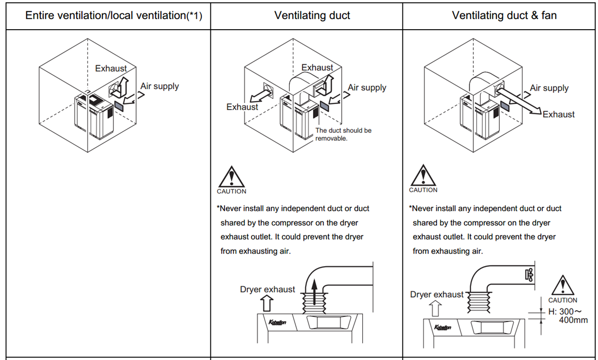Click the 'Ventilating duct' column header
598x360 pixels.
pos(312,15)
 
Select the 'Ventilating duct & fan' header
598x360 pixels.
pos(504,15)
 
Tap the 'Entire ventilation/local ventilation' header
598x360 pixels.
pos(114,15)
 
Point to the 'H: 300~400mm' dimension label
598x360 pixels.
pos(568,315)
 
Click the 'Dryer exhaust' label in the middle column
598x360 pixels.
pos(267,289)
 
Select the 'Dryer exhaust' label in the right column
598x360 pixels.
pos(437,294)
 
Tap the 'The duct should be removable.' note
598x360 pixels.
pos(343,134)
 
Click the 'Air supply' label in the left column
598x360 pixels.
pos(160,86)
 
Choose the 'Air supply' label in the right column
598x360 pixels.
pos(549,88)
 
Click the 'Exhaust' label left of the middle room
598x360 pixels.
pos(242,107)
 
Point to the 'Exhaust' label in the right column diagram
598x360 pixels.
pos(559,114)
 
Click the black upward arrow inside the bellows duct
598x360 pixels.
pos(314,292)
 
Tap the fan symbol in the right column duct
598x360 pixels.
pos(529,275)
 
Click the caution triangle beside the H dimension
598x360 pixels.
pos(563,286)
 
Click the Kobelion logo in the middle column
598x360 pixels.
pos(277,322)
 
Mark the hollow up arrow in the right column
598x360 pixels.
pos(435,308)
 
